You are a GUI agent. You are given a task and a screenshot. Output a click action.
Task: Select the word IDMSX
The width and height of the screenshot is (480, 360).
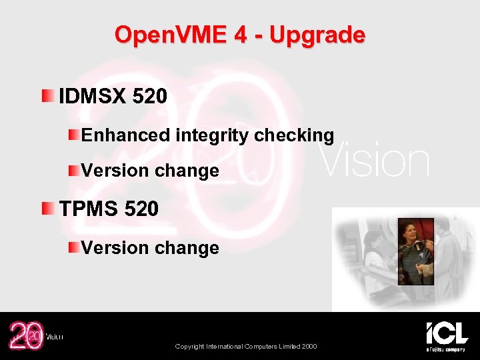tap(93, 97)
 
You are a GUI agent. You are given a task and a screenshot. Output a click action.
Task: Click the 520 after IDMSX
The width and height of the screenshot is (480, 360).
tap(150, 97)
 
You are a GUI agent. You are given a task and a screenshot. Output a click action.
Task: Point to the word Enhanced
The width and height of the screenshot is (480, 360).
tap(126, 135)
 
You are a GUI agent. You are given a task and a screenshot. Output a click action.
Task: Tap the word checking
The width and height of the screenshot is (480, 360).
tap(294, 135)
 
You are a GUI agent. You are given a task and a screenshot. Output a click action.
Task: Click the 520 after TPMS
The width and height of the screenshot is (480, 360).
tap(141, 209)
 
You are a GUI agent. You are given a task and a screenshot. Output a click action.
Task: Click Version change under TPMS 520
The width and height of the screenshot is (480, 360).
tap(150, 248)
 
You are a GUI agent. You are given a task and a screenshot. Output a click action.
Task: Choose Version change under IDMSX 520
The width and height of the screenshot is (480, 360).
tap(150, 171)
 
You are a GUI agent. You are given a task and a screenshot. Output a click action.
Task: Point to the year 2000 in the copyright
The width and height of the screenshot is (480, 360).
tap(308, 346)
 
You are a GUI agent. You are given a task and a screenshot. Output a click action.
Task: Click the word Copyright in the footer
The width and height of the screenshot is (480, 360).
tap(191, 346)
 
